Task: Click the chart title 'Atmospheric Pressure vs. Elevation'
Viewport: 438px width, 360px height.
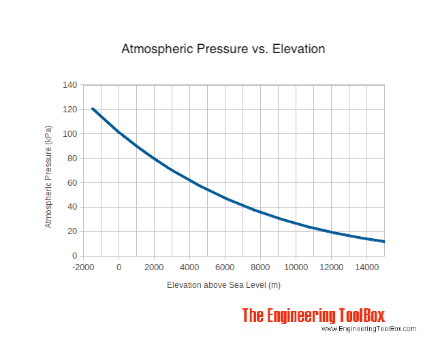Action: pyautogui.click(x=223, y=49)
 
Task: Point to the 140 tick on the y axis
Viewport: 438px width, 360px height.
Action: pyautogui.click(x=71, y=85)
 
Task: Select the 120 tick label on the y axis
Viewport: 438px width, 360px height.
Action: pyautogui.click(x=71, y=110)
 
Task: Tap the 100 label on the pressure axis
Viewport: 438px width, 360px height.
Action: pyautogui.click(x=71, y=134)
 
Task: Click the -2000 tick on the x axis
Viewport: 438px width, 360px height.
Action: pyautogui.click(x=83, y=267)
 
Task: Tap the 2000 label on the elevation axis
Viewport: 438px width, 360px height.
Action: pyautogui.click(x=154, y=267)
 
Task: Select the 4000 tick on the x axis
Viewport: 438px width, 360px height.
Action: pyautogui.click(x=189, y=267)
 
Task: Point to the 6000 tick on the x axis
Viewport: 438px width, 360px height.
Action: pyautogui.click(x=225, y=267)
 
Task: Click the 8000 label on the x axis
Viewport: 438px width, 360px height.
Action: pyautogui.click(x=260, y=267)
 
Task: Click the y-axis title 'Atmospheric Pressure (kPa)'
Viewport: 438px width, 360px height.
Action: pyautogui.click(x=48, y=176)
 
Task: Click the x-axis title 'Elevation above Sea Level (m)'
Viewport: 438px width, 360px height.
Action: pyautogui.click(x=223, y=285)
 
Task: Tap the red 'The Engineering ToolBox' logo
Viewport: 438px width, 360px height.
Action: pyautogui.click(x=313, y=316)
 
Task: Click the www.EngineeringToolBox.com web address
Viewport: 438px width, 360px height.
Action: pyautogui.click(x=369, y=329)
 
